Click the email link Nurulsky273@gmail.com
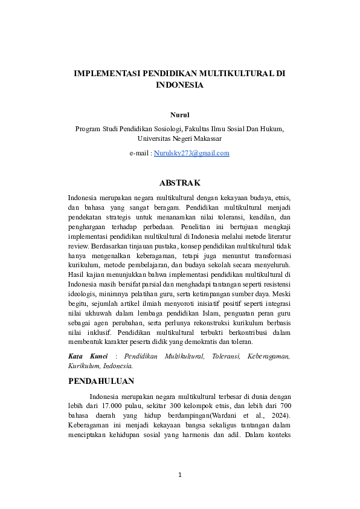191,153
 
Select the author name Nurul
179,114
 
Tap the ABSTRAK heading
179,182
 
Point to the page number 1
179,475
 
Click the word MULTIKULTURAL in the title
239,74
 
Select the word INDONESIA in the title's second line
179,85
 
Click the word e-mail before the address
140,153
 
